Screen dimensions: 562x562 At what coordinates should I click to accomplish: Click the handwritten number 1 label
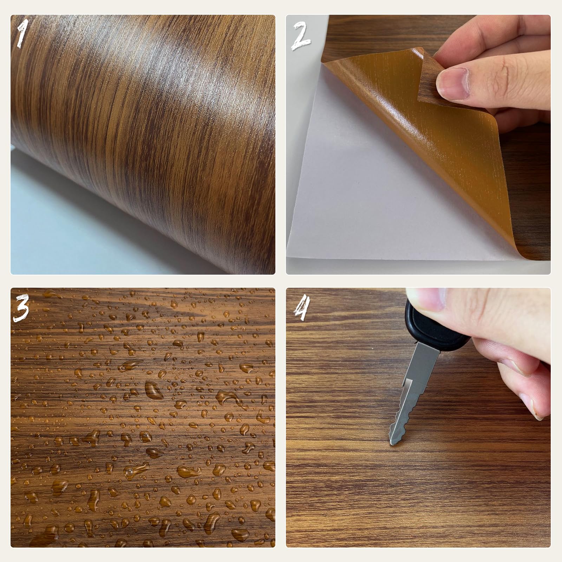click(22, 34)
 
